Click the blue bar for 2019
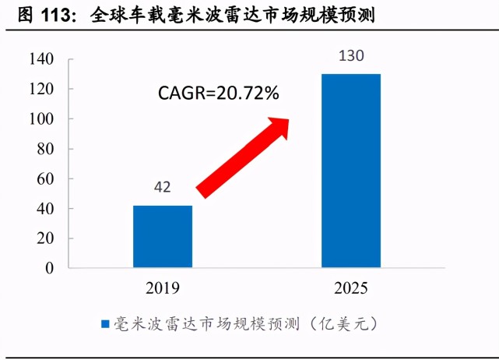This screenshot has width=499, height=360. point(162,237)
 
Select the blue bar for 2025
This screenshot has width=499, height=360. point(351,171)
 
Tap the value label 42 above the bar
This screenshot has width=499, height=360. point(162,188)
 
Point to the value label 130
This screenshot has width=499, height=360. point(351,56)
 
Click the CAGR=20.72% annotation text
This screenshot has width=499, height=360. point(218,94)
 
